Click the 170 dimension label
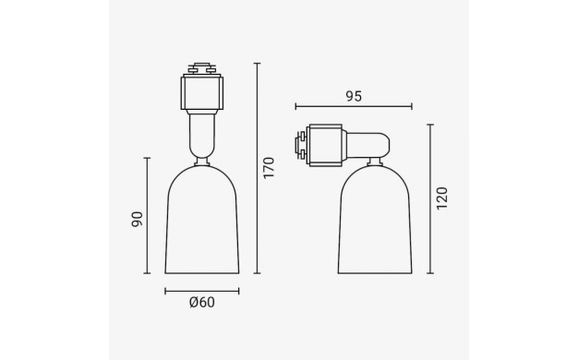point(270,168)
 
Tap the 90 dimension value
point(138,220)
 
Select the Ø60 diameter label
point(201,303)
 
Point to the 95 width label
point(354,96)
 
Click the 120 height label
point(442,198)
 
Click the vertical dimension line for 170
point(258,168)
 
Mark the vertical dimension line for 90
point(147,216)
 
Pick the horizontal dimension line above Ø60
point(202,292)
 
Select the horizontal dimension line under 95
point(354,107)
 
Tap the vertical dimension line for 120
point(430,199)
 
